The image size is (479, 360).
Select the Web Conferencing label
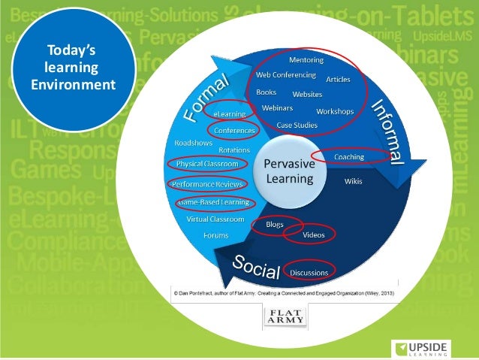click(285, 75)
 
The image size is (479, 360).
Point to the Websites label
click(307, 95)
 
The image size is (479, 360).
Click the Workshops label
click(334, 111)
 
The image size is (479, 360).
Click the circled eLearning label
click(230, 113)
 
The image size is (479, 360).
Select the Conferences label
click(234, 130)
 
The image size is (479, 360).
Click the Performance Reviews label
click(207, 183)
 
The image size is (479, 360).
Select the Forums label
click(215, 235)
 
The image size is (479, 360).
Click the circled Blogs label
click(274, 224)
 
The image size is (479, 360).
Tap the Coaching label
click(349, 156)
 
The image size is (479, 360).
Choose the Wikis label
click(353, 181)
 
